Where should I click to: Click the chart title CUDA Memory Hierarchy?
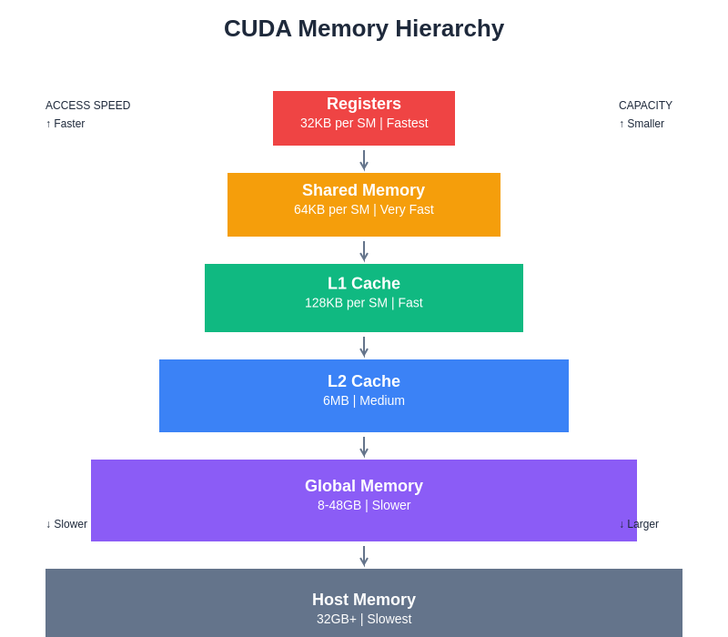pos(364,28)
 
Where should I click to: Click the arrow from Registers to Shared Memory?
pos(364,160)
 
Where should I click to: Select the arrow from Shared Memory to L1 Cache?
pos(364,251)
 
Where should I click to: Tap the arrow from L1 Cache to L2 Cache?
pos(364,347)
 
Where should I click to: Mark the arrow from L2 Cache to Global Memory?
pos(364,447)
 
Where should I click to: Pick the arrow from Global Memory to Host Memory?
pos(364,556)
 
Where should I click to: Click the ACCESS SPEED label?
pos(87,106)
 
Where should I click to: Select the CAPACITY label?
pos(645,106)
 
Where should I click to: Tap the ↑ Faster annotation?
pos(66,124)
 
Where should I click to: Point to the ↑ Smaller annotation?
pos(642,124)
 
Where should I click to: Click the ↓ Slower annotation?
pos(66,524)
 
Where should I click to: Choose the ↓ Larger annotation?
pos(639,524)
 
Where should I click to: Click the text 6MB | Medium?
pos(364,400)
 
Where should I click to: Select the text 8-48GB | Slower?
pos(364,505)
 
